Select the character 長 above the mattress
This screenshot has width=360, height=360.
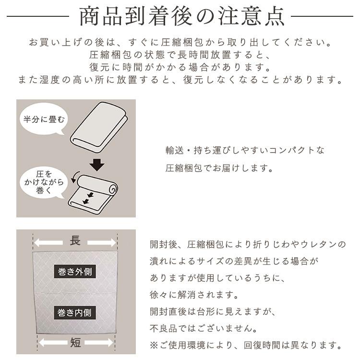point(75,241)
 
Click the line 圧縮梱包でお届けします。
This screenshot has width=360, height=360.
point(219,168)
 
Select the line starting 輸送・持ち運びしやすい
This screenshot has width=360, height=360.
point(245,150)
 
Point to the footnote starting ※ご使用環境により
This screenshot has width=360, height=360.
point(246,345)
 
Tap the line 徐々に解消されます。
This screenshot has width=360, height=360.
point(194,295)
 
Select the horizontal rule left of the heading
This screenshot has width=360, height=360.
point(38,17)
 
